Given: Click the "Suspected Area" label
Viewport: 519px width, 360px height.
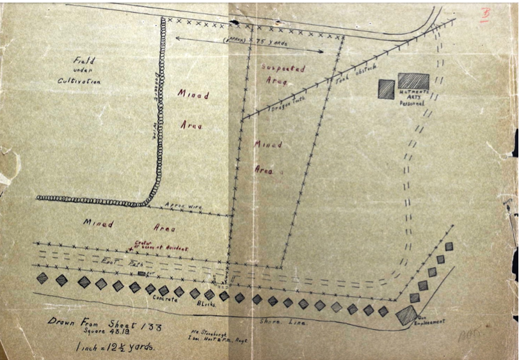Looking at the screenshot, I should [x=283, y=75].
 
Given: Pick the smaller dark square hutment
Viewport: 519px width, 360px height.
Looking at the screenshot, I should [x=386, y=89].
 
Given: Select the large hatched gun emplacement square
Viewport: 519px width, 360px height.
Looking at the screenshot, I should [x=406, y=315].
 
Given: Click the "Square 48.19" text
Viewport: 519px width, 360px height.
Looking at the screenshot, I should [x=99, y=333].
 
